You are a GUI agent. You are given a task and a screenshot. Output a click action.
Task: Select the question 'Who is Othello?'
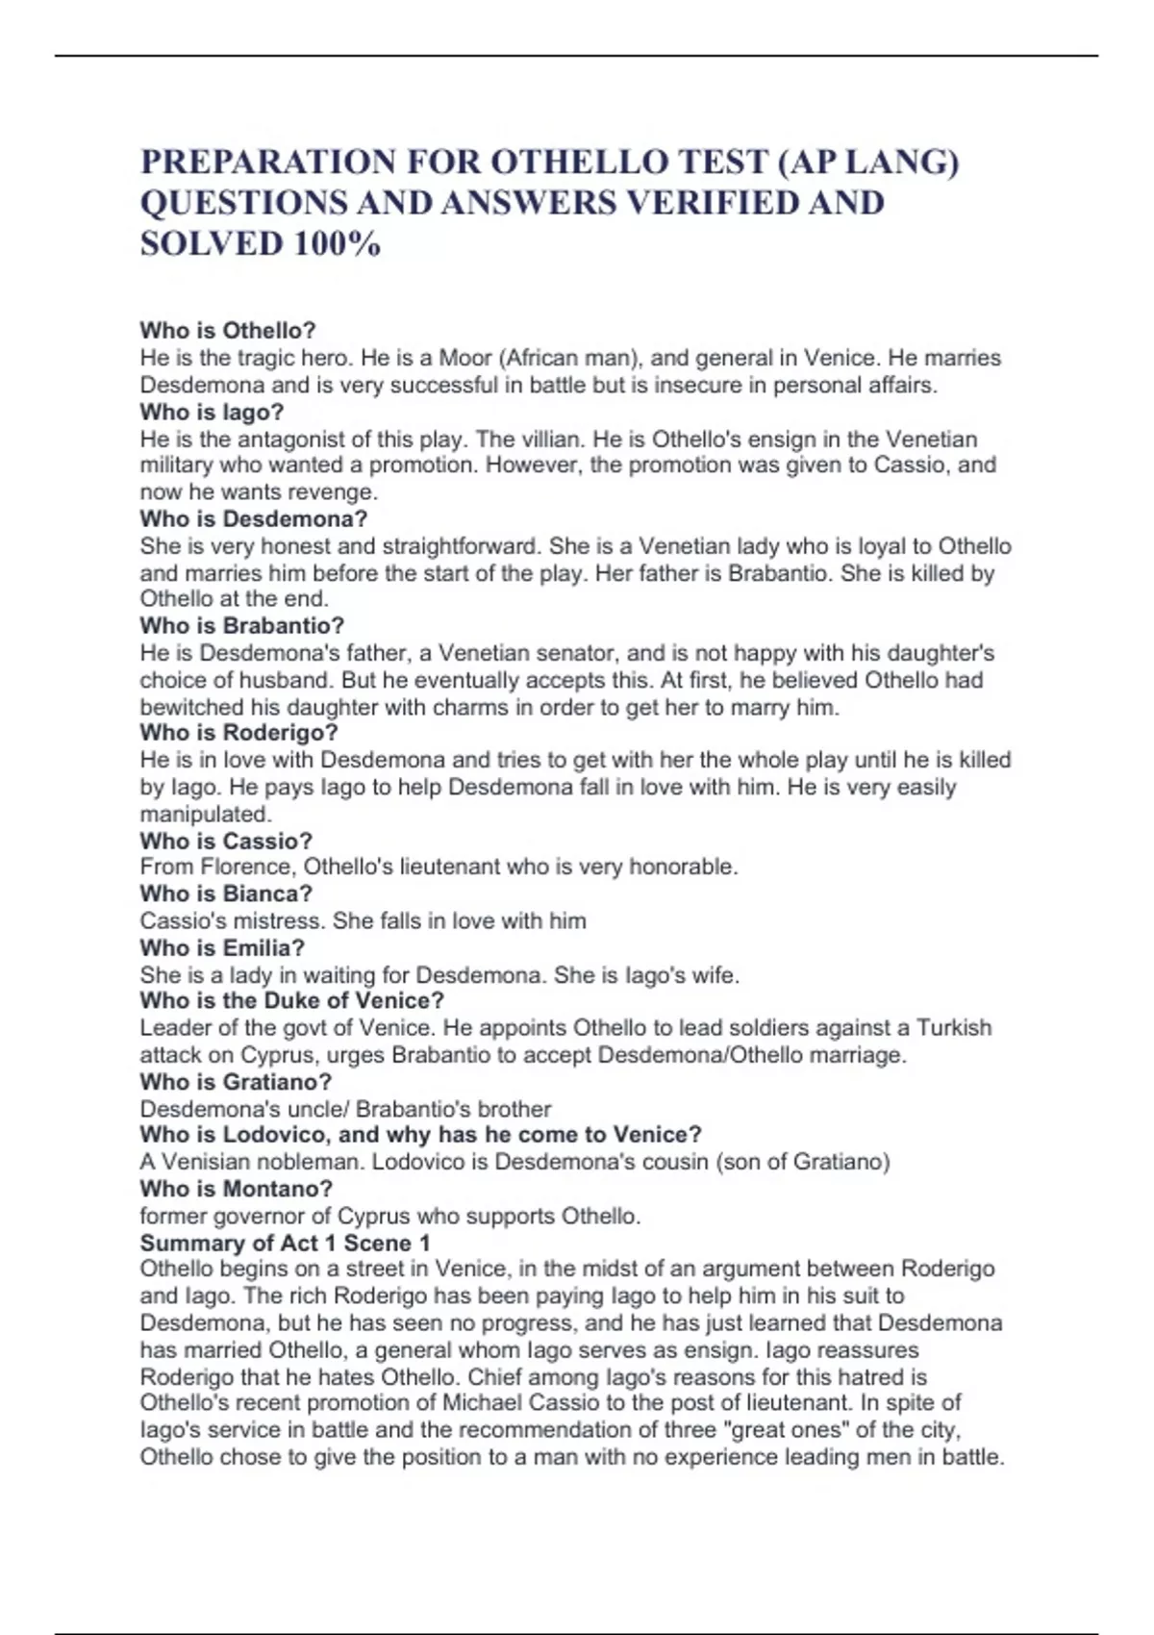[228, 331]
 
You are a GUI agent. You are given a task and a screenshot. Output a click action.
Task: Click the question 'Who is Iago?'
[212, 413]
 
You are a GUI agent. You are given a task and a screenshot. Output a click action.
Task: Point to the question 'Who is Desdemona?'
[254, 519]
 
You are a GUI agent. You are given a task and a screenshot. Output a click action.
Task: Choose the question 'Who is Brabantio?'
[242, 626]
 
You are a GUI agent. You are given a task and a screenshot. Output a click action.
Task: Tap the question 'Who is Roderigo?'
[239, 733]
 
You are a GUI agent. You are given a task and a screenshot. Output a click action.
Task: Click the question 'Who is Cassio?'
[226, 841]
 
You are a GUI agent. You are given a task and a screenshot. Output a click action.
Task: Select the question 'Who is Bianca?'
[226, 893]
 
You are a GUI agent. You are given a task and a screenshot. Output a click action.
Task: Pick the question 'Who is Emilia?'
[222, 947]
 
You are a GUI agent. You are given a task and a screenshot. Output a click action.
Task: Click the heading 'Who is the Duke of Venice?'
[292, 1001]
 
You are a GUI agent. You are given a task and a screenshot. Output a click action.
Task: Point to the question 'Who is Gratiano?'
[236, 1082]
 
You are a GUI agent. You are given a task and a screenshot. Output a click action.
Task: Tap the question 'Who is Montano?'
[237, 1189]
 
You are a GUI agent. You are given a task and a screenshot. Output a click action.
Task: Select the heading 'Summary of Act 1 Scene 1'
[286, 1243]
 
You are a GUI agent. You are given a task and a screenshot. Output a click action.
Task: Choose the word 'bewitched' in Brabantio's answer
[185, 708]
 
